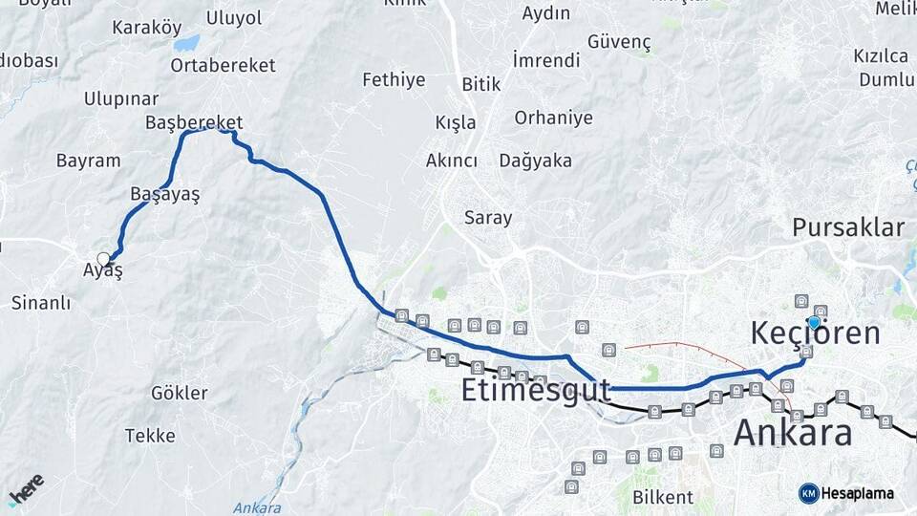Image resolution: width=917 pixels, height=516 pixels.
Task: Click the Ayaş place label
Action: [103, 270]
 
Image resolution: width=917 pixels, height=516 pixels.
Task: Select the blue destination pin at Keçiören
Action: [813, 323]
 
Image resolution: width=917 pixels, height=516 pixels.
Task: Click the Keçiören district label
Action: [815, 333]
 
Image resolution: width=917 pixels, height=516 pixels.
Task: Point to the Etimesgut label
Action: [535, 390]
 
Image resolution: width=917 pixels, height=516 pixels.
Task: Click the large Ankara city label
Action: [793, 433]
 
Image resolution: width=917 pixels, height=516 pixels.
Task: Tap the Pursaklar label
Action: [847, 227]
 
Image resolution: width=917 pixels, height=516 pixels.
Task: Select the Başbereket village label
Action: [194, 122]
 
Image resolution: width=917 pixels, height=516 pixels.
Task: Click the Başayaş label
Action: [164, 193]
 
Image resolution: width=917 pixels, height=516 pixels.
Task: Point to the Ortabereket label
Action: [223, 65]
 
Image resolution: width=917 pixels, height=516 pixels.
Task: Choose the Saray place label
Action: [488, 218]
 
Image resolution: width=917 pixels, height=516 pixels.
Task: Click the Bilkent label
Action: [662, 497]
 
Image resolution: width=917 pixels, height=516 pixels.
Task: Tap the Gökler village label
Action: [179, 393]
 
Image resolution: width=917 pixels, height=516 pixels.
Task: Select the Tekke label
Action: [150, 436]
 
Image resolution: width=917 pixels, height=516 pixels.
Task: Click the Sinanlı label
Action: [41, 303]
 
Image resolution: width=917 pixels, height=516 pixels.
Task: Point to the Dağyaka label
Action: [535, 161]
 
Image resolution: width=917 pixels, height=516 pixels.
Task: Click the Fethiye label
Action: [394, 80]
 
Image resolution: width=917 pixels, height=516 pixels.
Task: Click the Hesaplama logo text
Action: [857, 493]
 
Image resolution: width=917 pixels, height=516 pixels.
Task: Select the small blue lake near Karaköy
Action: [187, 43]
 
